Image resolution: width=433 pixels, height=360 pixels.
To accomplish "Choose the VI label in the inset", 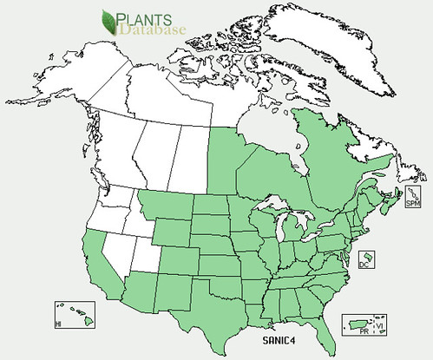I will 377,324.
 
